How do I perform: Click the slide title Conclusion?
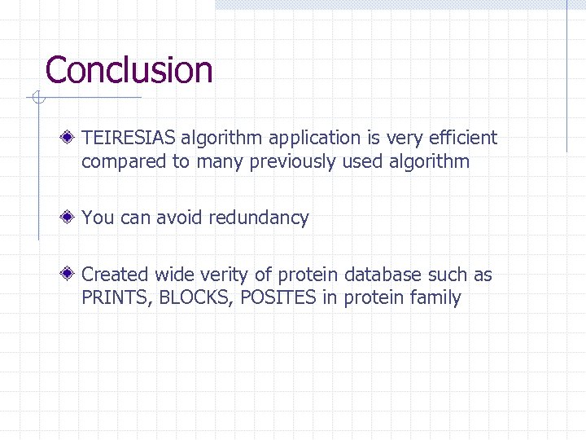coord(129,70)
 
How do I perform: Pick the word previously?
coord(293,162)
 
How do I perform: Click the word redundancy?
coord(258,218)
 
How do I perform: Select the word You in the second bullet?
coord(98,218)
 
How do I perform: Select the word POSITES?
coord(278,298)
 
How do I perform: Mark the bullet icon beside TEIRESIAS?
coord(72,139)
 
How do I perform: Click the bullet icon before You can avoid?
coord(72,218)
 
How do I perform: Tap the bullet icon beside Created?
coord(72,275)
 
